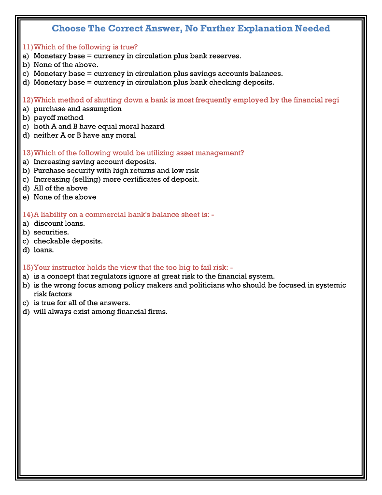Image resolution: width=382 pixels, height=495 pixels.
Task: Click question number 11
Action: (28, 47)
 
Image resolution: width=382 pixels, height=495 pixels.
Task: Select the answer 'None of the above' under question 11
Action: (66, 65)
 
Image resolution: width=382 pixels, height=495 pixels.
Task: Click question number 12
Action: (28, 100)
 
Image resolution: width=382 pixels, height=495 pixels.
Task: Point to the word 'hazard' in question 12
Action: (153, 126)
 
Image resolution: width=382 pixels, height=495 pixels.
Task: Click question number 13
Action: (28, 153)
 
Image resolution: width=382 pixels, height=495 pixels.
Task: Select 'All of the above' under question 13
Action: (60, 188)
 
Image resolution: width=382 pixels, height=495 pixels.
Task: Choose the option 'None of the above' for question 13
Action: (65, 197)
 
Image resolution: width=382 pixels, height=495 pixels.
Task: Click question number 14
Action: (28, 215)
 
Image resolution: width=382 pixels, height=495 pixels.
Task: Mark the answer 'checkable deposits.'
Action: (68, 241)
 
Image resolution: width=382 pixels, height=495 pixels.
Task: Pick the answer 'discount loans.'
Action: (59, 223)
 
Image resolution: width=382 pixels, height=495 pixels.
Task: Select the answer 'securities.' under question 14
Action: (51, 232)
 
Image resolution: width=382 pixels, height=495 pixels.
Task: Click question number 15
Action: (28, 267)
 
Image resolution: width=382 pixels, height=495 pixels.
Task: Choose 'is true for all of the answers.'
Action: (82, 303)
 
